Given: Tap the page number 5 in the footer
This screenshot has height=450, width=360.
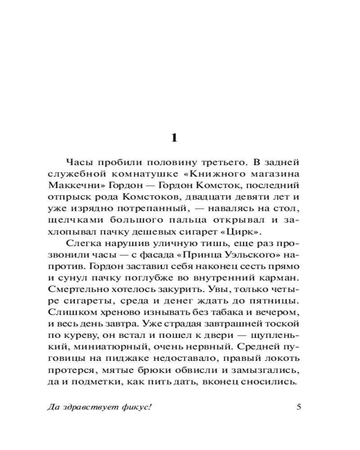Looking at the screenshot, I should point(299,408).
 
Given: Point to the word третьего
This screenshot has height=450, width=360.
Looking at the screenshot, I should point(213,162).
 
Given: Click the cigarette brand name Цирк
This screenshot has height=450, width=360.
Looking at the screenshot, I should point(247,232).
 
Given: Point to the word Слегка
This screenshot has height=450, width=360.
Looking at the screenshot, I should point(81,244).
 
